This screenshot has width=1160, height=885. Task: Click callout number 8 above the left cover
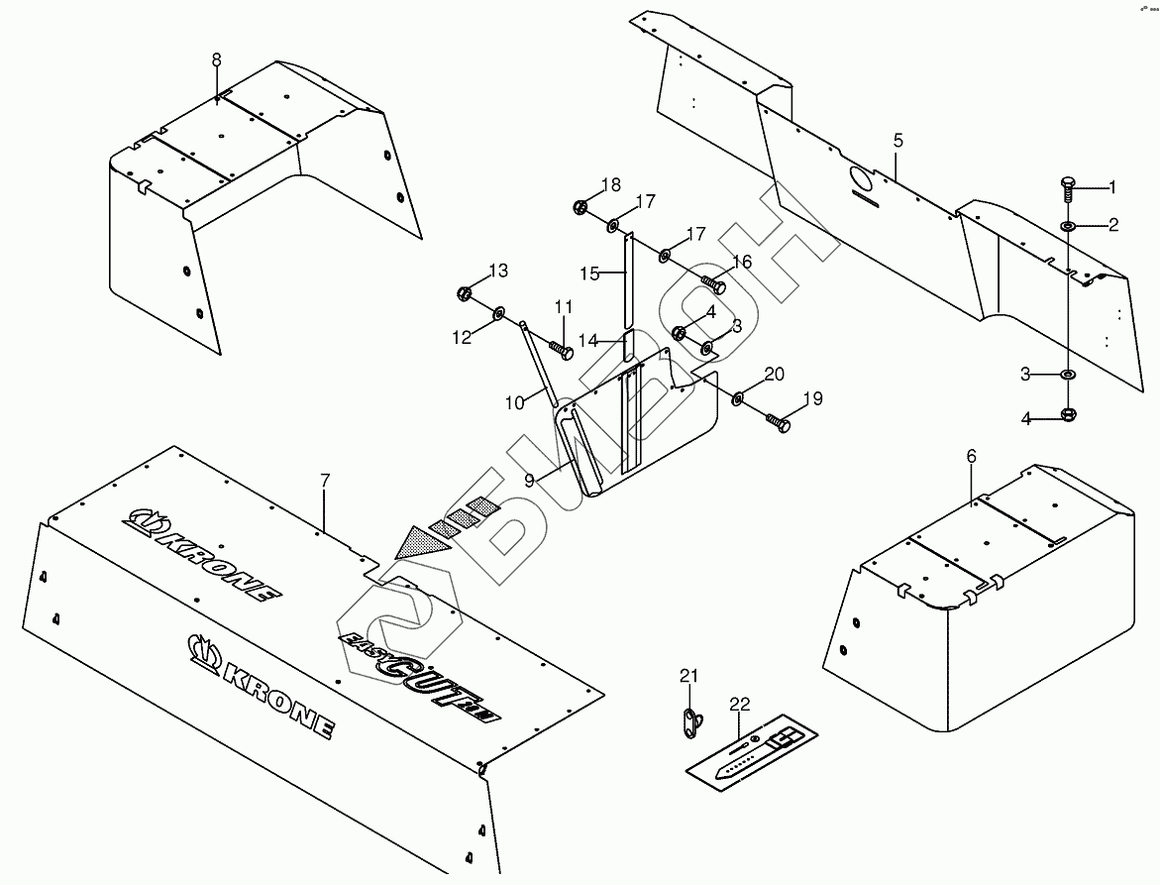click(x=217, y=60)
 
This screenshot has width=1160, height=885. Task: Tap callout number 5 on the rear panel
click(x=897, y=141)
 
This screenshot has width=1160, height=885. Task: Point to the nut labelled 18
click(x=580, y=208)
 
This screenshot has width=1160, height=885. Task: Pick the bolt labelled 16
click(x=715, y=283)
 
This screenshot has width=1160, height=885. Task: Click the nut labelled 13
click(x=465, y=293)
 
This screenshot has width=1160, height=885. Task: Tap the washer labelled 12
click(x=497, y=315)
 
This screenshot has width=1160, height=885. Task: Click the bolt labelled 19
click(x=778, y=423)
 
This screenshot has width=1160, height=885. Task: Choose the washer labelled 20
click(x=739, y=398)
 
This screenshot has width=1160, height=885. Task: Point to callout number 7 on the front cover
click(x=324, y=480)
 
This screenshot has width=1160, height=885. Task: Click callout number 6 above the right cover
click(x=971, y=456)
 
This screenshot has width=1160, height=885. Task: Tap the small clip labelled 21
click(x=690, y=723)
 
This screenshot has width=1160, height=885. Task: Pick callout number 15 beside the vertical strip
click(x=590, y=274)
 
